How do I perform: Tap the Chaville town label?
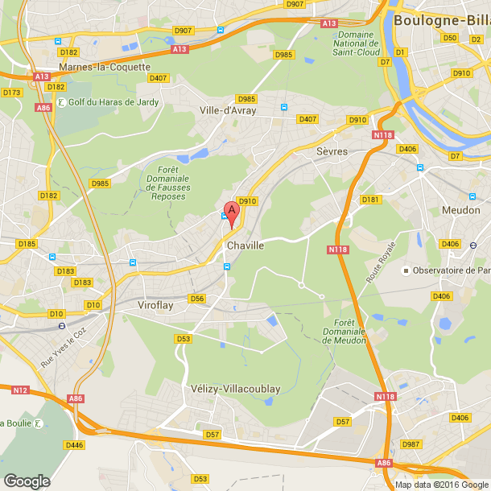[245, 245]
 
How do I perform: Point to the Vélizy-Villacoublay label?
[236, 389]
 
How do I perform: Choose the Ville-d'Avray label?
[228, 110]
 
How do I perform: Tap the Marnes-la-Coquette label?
[105, 67]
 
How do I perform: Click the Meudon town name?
[461, 210]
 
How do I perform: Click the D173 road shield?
[11, 93]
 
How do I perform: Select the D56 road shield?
[197, 299]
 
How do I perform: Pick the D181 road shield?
[370, 200]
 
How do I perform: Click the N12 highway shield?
[20, 390]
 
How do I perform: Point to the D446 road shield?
[73, 444]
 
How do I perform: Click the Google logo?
[27, 481]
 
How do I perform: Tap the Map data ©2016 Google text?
[442, 485]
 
